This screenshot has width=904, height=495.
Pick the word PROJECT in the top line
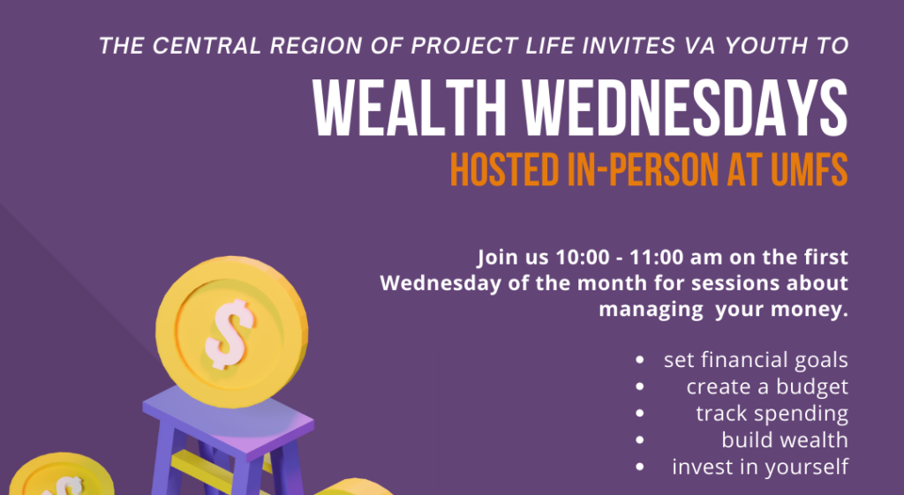(x=454, y=46)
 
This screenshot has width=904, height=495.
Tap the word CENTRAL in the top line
(x=207, y=46)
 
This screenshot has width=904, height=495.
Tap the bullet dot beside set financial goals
(x=639, y=360)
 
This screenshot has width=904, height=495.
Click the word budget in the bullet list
(x=812, y=387)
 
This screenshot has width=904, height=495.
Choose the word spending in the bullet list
(x=801, y=414)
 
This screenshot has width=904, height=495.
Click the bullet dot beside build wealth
(x=639, y=440)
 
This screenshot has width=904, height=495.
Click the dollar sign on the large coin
(x=229, y=334)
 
